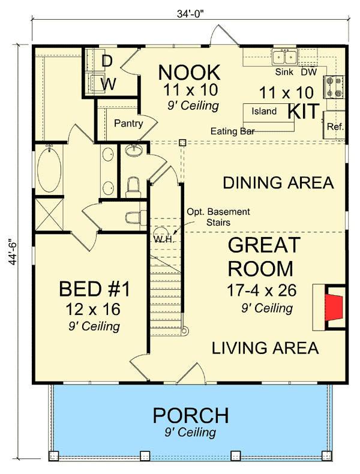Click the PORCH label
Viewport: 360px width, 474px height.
tap(190, 415)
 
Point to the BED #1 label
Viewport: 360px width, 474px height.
tap(94, 289)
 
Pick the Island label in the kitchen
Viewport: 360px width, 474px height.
tap(264, 111)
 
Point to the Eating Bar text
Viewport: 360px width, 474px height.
tap(233, 130)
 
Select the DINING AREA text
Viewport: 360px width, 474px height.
tap(278, 183)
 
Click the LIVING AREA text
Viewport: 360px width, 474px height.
tap(264, 348)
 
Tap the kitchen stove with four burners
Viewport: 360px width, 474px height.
tap(334, 87)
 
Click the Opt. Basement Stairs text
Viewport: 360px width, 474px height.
tap(218, 217)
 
